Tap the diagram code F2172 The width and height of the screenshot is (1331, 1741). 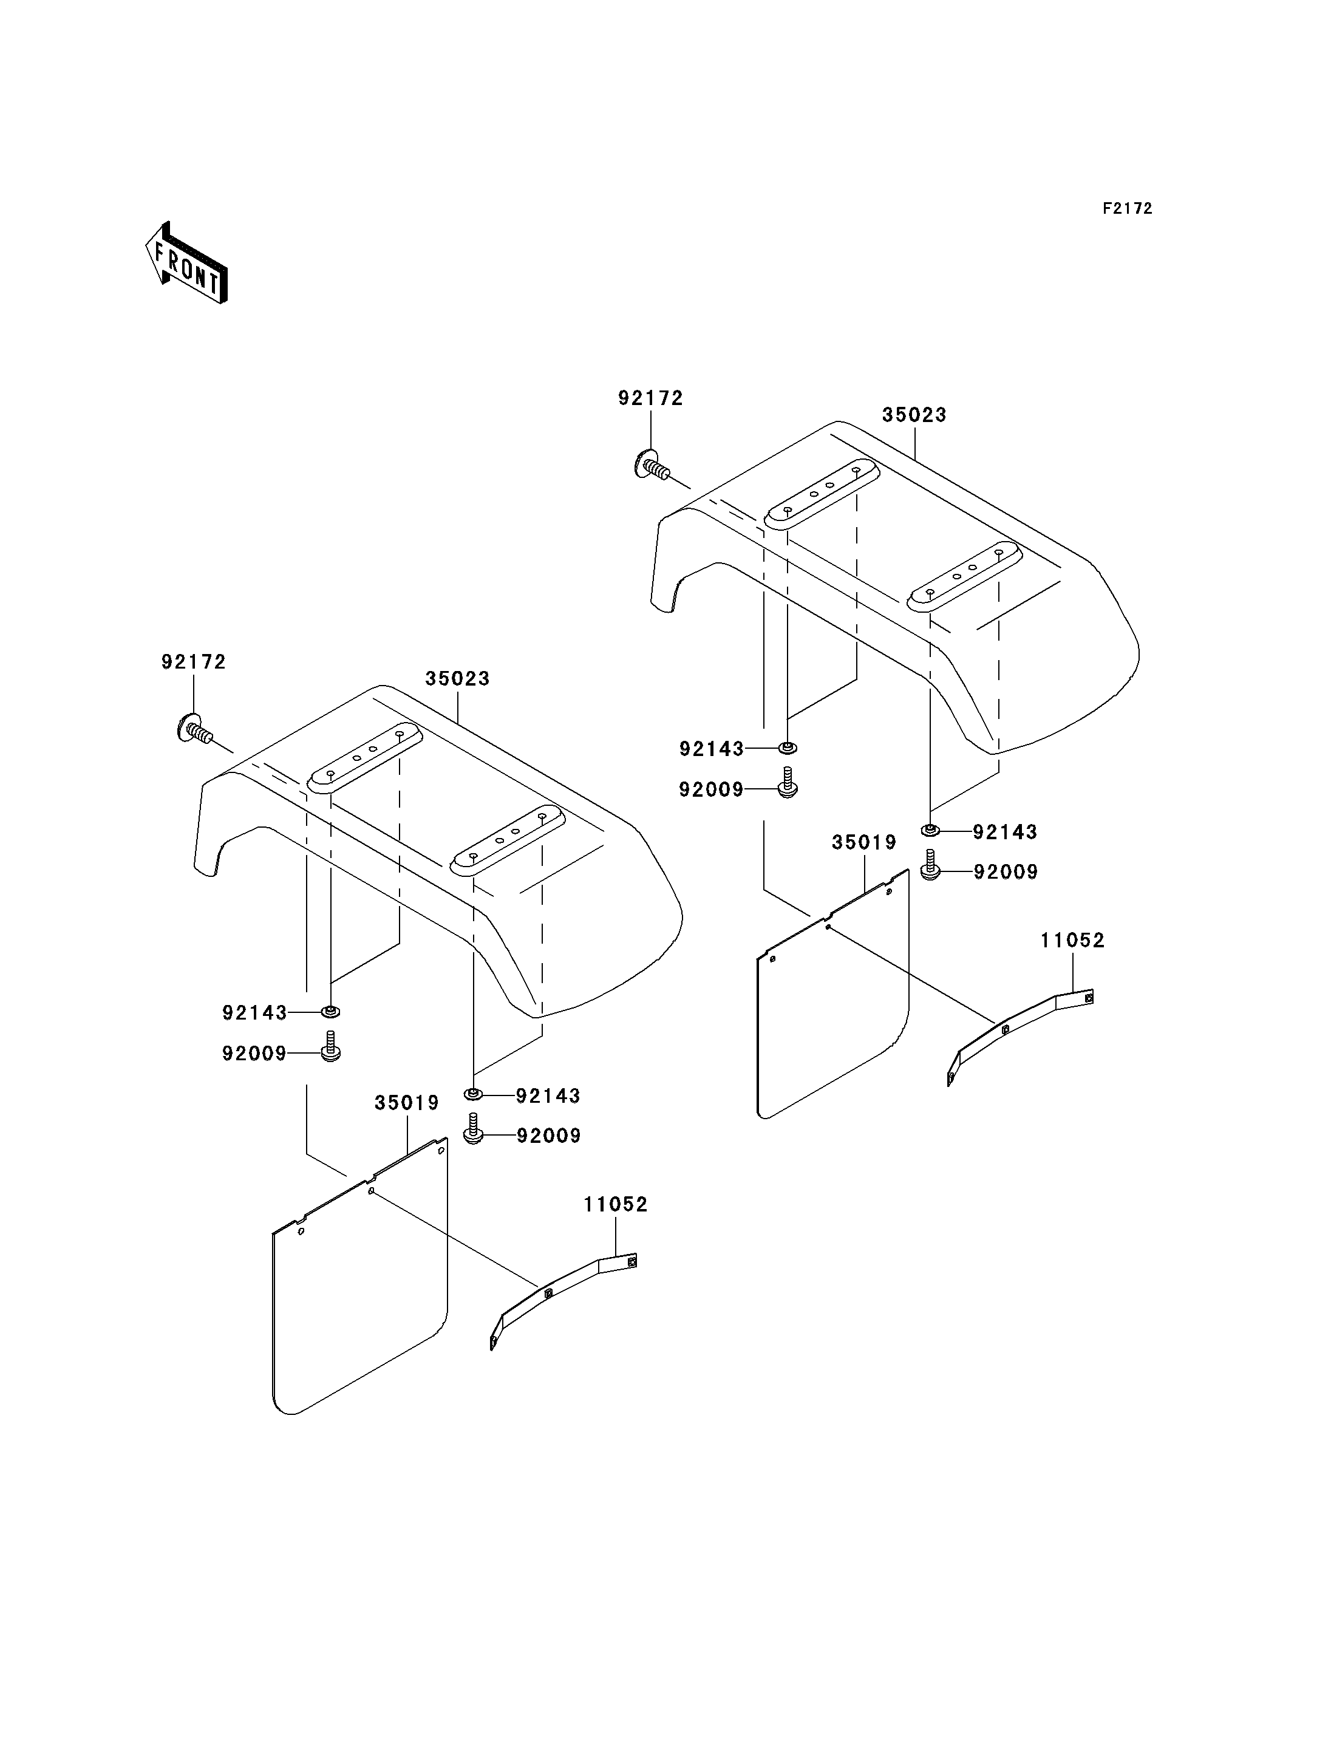[x=1128, y=208]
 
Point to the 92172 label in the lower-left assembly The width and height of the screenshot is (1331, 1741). [x=194, y=662]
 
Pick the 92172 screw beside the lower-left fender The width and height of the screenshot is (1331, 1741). [x=195, y=727]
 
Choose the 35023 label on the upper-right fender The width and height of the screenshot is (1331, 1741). [x=914, y=414]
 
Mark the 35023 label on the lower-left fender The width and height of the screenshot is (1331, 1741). [x=457, y=678]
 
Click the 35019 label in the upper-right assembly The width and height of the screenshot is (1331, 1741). [x=863, y=842]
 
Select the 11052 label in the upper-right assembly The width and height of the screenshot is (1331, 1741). [x=1073, y=940]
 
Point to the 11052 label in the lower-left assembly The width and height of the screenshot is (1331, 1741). [x=616, y=1205]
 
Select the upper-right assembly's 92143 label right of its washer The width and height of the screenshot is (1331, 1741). [x=1004, y=832]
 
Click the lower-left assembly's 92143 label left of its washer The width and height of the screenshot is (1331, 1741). [x=254, y=1013]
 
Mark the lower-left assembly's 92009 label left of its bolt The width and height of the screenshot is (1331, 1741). [x=254, y=1054]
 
